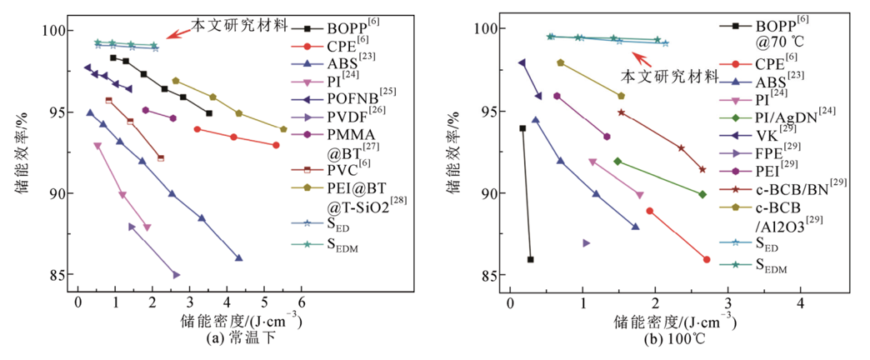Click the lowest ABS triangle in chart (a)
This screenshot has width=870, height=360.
coord(238,258)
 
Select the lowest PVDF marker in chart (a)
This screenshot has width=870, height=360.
coord(176,274)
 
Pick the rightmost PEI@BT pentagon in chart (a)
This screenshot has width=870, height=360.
coord(283,129)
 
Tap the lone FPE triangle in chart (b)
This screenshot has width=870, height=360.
coord(586,242)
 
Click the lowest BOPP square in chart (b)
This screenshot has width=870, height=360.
coord(530,259)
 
